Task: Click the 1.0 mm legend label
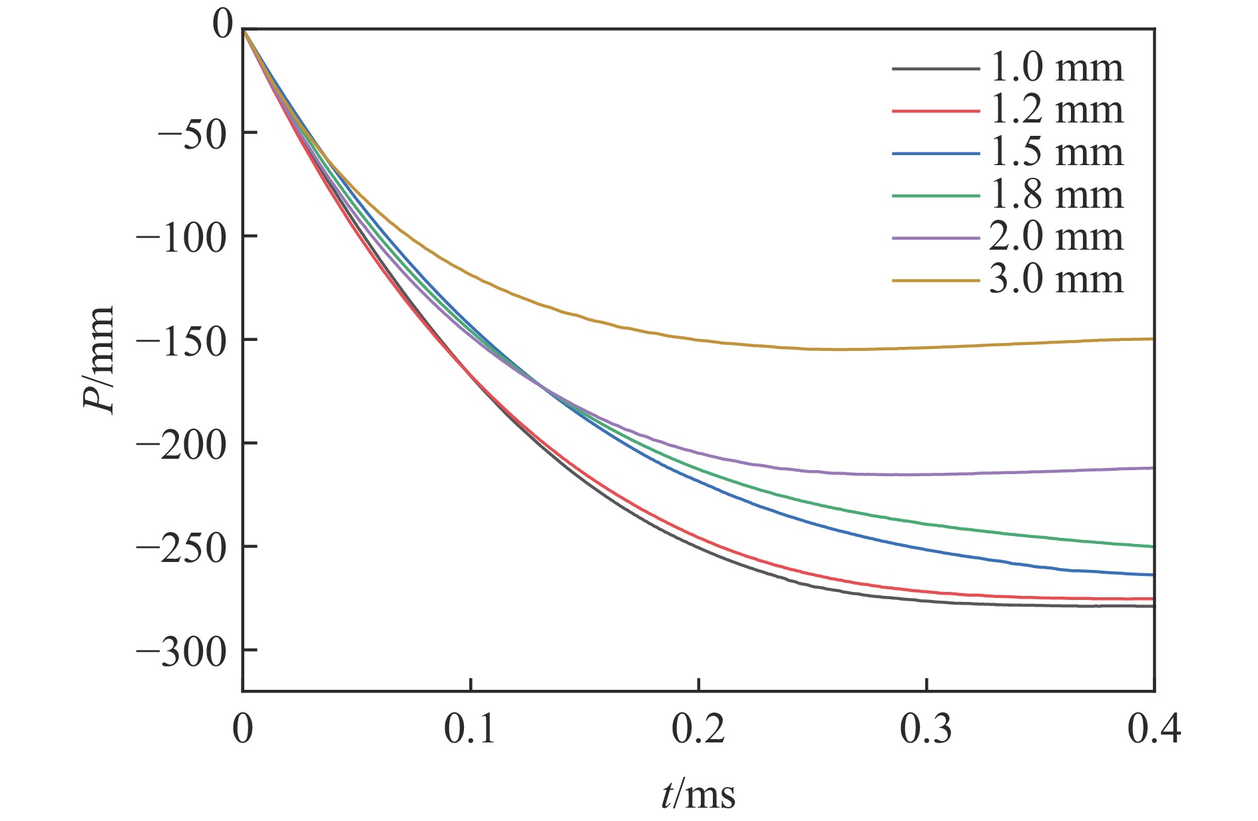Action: pos(1056,68)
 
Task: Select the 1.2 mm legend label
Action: pos(1056,110)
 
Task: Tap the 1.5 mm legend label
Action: pos(1056,152)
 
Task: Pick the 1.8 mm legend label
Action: pos(1056,195)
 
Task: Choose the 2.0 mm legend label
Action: pos(1056,237)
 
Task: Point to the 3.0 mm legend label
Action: pos(1056,280)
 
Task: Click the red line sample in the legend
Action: pos(936,111)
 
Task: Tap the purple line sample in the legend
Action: pos(936,238)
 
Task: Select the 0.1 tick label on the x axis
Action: pos(470,730)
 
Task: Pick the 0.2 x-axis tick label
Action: pos(698,730)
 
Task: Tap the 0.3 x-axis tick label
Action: pos(926,730)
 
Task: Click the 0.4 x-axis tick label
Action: pos(1153,730)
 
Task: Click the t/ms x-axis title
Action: pos(698,795)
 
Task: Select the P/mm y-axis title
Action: pos(99,360)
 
